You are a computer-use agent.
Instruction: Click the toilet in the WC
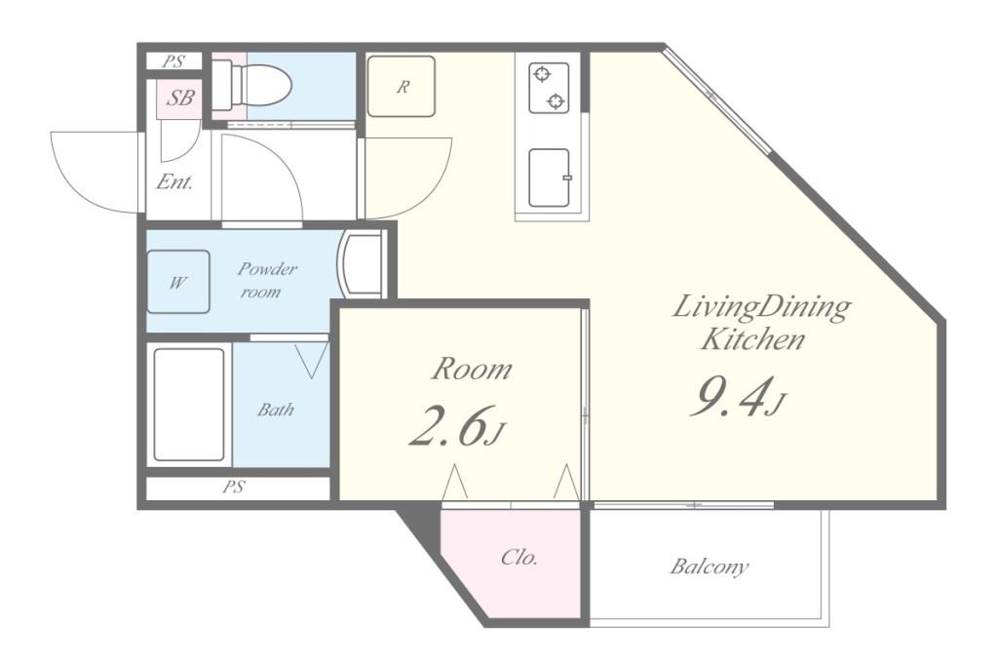pyautogui.click(x=251, y=85)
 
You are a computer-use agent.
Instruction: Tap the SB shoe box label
pyautogui.click(x=180, y=98)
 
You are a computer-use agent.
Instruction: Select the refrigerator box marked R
pyautogui.click(x=402, y=86)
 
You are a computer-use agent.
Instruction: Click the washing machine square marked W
pyautogui.click(x=178, y=282)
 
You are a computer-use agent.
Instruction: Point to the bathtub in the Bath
pyautogui.click(x=189, y=405)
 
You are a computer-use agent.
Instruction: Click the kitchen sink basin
pyautogui.click(x=550, y=177)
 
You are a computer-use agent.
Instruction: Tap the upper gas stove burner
pyautogui.click(x=542, y=75)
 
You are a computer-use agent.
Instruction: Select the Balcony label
pyautogui.click(x=710, y=566)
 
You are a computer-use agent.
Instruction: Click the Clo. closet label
pyautogui.click(x=519, y=558)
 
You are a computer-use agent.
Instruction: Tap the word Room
pyautogui.click(x=472, y=369)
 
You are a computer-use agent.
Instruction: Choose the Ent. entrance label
pyautogui.click(x=174, y=182)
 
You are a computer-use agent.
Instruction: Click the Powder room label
pyautogui.click(x=267, y=280)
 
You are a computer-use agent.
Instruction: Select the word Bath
pyautogui.click(x=276, y=409)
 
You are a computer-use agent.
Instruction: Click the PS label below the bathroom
pyautogui.click(x=234, y=488)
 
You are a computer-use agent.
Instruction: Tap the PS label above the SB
pyautogui.click(x=173, y=61)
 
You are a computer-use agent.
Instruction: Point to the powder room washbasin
pyautogui.click(x=361, y=263)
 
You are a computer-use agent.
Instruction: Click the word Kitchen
pyautogui.click(x=752, y=339)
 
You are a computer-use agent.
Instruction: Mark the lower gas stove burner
pyautogui.click(x=557, y=100)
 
